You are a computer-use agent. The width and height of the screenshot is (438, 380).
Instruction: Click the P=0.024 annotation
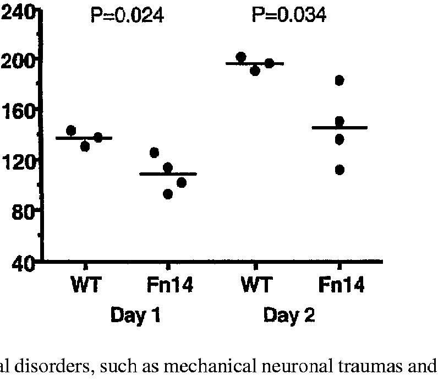(x=127, y=16)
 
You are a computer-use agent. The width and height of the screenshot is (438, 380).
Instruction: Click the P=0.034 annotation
(x=289, y=16)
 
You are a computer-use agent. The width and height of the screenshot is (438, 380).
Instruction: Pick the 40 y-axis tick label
(x=23, y=263)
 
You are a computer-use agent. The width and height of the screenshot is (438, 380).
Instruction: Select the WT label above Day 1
(x=86, y=287)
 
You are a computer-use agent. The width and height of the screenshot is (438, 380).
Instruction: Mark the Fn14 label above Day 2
(x=341, y=287)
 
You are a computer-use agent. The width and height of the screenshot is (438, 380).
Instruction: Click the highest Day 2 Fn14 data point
(x=340, y=81)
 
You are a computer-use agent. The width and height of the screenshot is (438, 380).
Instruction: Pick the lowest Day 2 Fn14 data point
(x=340, y=170)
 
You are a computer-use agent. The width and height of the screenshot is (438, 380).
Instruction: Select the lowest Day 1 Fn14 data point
(x=168, y=194)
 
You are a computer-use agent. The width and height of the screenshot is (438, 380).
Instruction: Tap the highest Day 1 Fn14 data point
(x=155, y=153)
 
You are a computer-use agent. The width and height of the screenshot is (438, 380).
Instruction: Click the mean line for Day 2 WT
(x=255, y=64)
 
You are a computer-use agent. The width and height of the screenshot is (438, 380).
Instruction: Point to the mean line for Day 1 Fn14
(x=168, y=174)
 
